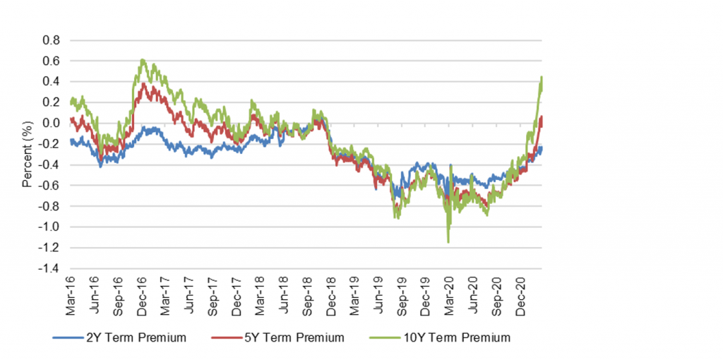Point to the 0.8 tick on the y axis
click(x=52, y=40)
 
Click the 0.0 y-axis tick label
click(x=52, y=124)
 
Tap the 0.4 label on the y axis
click(x=52, y=82)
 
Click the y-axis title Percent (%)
click(x=26, y=155)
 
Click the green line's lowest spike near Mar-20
click(x=448, y=243)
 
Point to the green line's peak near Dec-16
click(x=143, y=60)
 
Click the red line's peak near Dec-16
click(x=145, y=84)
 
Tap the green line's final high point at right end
click(x=541, y=77)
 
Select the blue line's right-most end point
click(x=542, y=146)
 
